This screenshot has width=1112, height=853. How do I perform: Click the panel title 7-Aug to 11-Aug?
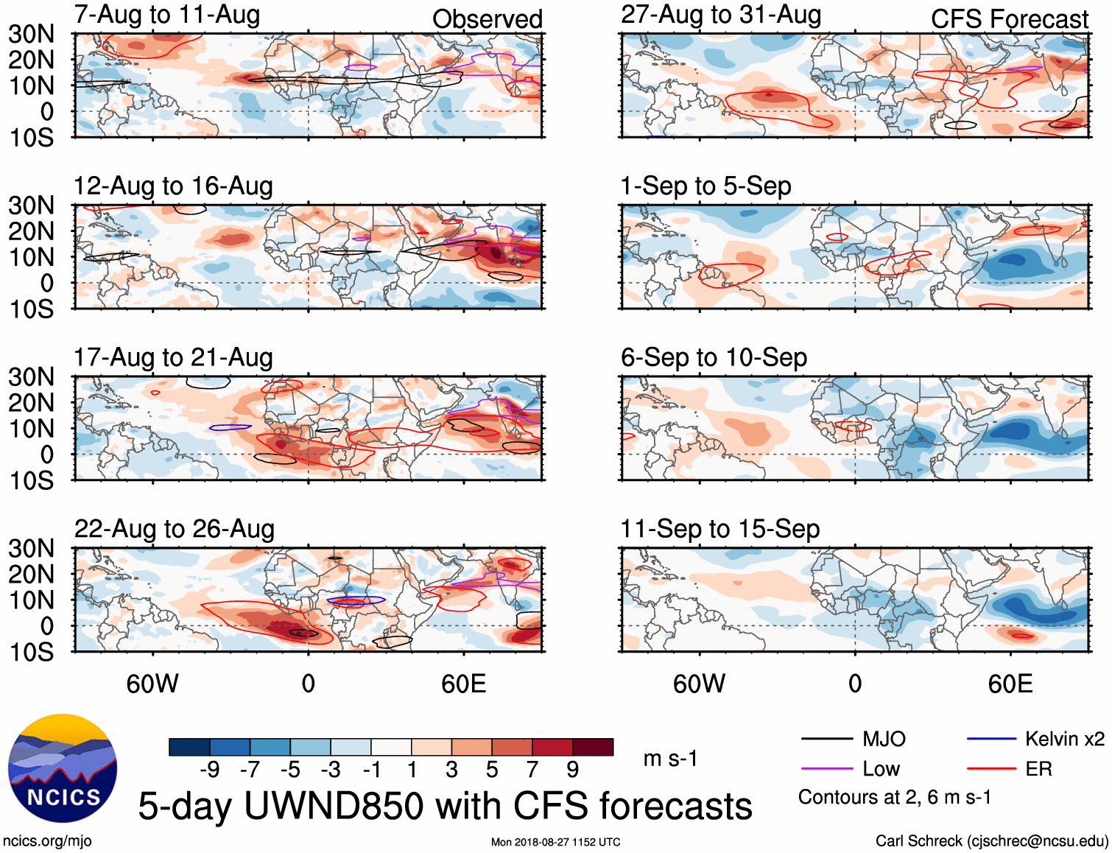click(x=167, y=15)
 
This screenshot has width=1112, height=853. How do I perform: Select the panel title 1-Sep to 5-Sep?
click(x=705, y=186)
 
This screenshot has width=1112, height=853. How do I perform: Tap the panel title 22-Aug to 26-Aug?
click(x=175, y=529)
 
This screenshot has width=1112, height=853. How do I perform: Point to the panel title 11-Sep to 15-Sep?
click(x=719, y=529)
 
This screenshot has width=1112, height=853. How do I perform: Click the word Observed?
click(x=487, y=19)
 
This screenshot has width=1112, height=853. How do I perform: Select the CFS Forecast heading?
click(x=1009, y=19)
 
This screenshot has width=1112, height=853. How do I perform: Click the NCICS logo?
click(x=63, y=768)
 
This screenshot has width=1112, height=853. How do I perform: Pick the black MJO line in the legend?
click(x=826, y=739)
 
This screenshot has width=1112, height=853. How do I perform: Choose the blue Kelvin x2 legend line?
click(x=991, y=739)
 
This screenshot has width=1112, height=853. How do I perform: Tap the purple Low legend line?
click(x=826, y=769)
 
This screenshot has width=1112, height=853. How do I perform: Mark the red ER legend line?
click(x=991, y=769)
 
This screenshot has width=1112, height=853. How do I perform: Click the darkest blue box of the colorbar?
click(x=189, y=747)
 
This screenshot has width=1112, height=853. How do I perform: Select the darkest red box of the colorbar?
click(x=593, y=747)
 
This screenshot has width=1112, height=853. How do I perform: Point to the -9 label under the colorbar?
click(x=210, y=770)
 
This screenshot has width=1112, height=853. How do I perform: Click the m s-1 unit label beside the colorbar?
click(x=670, y=759)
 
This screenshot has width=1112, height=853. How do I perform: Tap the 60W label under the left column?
click(x=152, y=684)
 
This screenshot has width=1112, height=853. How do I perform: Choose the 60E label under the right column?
click(x=1010, y=684)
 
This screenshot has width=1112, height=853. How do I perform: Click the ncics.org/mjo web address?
click(x=47, y=841)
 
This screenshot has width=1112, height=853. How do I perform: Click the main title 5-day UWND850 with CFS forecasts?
click(x=445, y=806)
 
